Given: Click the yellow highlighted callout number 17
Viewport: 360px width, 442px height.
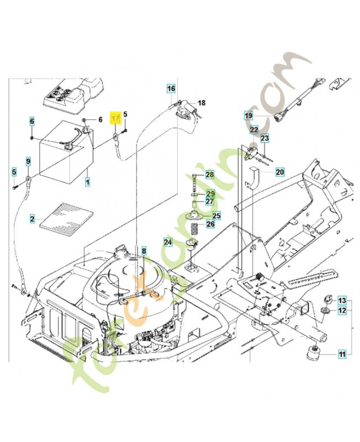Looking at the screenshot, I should (115, 119).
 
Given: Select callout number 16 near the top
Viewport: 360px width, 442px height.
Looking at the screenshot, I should (171, 88).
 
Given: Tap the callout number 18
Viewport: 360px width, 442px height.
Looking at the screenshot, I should (201, 103).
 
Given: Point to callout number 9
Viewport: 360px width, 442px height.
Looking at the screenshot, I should (28, 161).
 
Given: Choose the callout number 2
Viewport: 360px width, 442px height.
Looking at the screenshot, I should (33, 219).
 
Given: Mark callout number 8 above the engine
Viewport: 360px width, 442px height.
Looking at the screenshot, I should (144, 251).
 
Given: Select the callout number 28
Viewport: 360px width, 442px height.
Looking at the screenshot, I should (209, 175).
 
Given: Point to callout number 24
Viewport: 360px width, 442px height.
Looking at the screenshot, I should (167, 241).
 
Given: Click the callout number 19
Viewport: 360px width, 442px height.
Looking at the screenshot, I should (248, 115).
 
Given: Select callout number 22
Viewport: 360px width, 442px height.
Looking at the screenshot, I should (253, 130).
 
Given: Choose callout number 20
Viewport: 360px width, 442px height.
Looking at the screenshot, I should (279, 172).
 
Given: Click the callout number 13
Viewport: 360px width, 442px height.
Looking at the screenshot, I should (342, 300).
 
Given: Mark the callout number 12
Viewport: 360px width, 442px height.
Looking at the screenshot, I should (342, 311).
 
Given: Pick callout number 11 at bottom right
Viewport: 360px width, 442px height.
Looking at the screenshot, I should (342, 354).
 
